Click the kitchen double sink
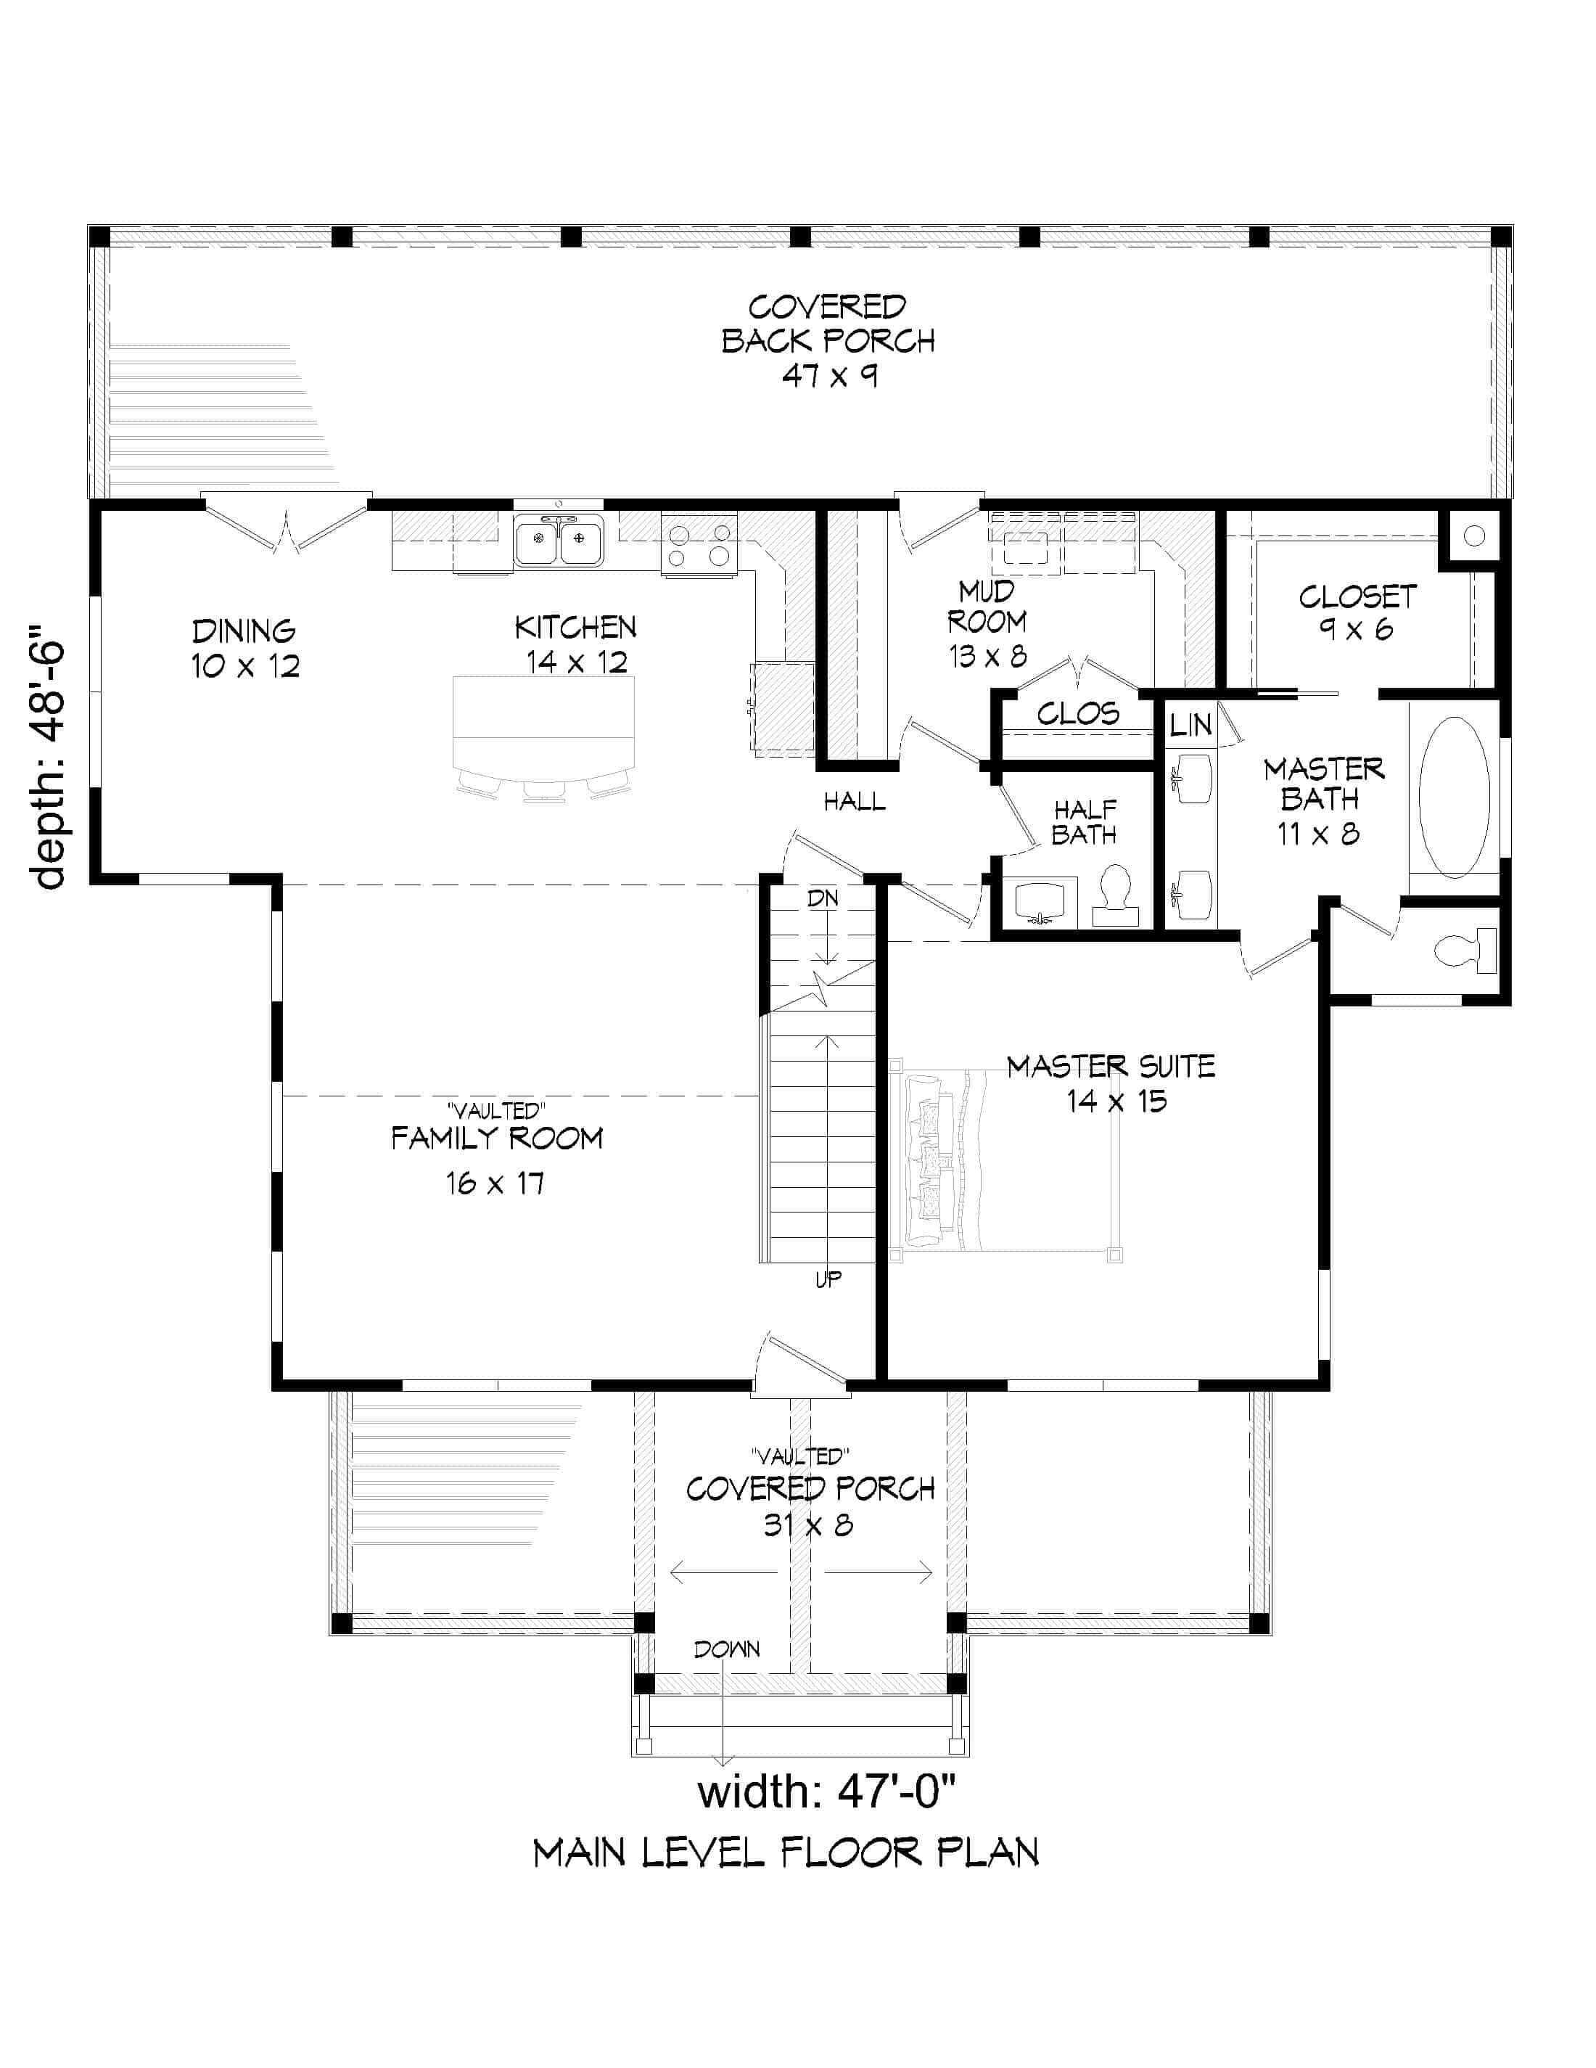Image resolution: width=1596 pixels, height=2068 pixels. click(559, 540)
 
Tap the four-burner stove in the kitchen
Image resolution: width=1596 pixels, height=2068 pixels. click(699, 546)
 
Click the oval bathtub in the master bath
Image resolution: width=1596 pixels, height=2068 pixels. click(1454, 797)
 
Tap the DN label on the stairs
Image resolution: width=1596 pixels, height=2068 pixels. click(823, 898)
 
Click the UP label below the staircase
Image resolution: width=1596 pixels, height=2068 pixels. click(828, 1279)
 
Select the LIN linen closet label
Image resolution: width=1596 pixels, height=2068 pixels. click(1190, 726)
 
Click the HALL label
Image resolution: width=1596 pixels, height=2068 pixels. click(854, 802)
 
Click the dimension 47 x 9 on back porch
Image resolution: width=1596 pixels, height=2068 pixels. click(829, 376)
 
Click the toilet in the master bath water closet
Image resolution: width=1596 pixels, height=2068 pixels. click(1465, 951)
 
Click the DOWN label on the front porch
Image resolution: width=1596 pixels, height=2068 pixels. click(726, 1649)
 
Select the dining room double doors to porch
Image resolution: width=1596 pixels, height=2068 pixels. click(287, 528)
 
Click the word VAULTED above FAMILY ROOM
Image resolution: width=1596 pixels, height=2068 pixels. click(496, 1109)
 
